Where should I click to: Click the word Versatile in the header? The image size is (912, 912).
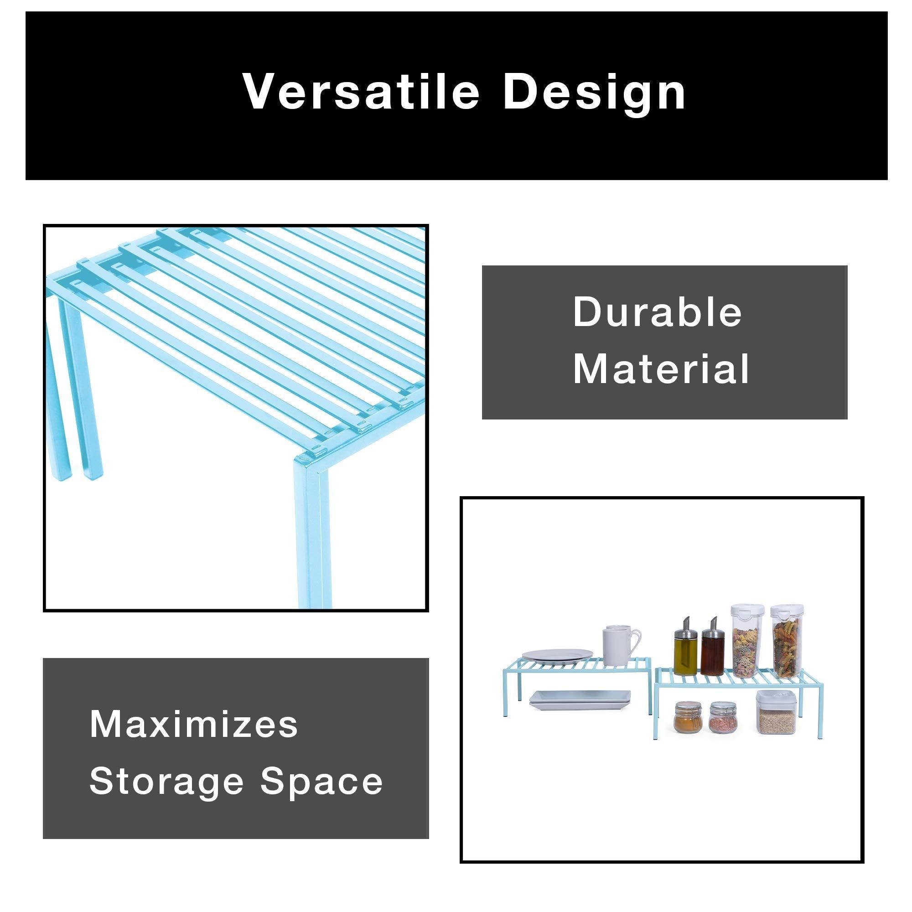(362, 92)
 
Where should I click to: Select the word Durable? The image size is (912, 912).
(658, 312)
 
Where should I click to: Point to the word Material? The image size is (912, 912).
(661, 368)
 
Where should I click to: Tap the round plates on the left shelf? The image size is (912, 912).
(557, 656)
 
